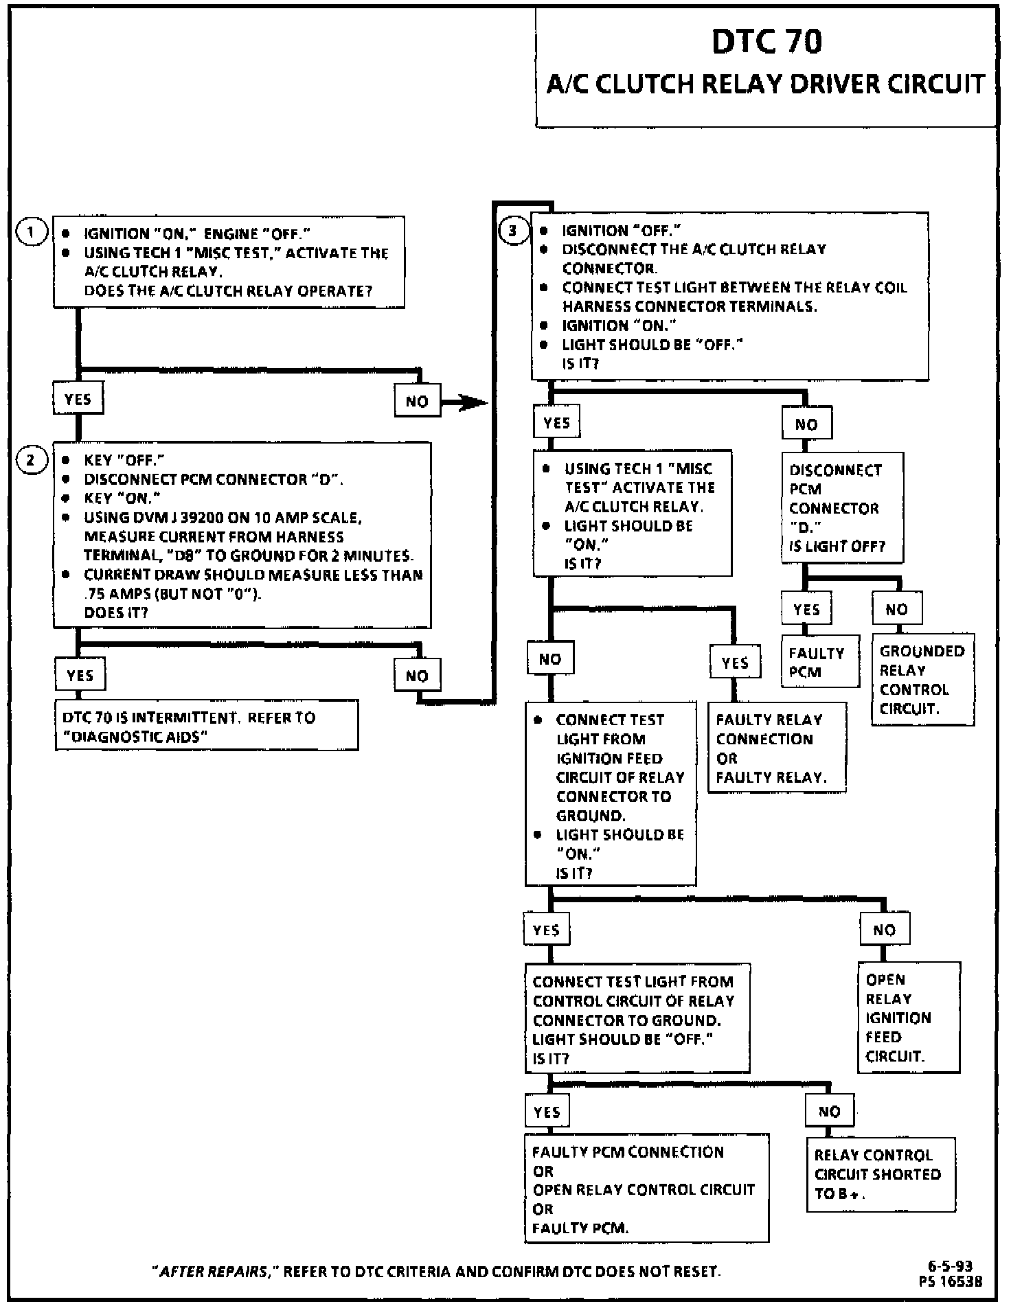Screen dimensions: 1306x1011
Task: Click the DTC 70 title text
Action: coord(766,41)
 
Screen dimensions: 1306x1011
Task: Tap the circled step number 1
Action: coord(30,232)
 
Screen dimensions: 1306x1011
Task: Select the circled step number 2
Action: coord(30,459)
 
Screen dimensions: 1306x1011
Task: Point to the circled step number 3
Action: coord(513,231)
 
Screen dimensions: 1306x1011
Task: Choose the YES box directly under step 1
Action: coord(78,400)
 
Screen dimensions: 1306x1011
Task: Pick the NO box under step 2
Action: coord(417,676)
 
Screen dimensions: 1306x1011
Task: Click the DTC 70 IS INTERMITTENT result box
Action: coord(206,726)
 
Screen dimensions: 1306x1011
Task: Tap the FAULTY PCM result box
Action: coord(820,662)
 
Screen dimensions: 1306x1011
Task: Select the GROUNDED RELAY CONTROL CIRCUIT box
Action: coord(922,680)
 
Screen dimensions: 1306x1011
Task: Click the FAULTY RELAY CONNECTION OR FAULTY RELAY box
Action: coord(777,748)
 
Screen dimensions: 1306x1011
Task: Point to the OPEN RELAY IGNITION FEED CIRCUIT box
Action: coord(909,1018)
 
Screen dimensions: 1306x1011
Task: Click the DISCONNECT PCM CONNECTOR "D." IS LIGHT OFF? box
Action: coord(842,508)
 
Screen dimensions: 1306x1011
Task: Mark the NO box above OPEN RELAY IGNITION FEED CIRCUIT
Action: coord(884,930)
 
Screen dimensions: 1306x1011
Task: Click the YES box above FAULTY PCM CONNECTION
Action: coord(547,1112)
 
